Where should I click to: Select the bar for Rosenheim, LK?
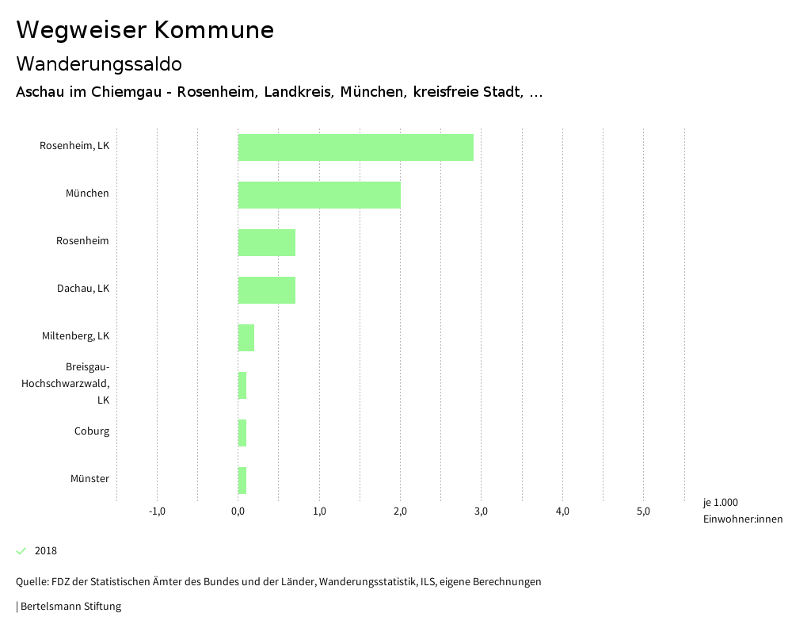(x=356, y=147)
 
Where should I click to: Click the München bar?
(x=319, y=195)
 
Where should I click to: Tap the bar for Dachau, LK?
(x=267, y=290)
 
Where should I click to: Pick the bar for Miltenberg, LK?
(x=246, y=338)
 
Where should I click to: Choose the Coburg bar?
(x=242, y=433)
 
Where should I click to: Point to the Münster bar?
(x=242, y=481)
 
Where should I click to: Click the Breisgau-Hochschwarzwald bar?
(x=242, y=385)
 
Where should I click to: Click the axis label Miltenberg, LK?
(x=75, y=336)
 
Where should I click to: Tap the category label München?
(x=87, y=193)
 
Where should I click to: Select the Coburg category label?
(x=92, y=431)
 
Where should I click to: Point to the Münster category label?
(x=89, y=479)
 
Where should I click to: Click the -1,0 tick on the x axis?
(x=157, y=511)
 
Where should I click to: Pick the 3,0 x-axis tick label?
(x=481, y=511)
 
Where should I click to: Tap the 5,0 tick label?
(x=643, y=511)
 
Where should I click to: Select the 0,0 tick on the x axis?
(x=238, y=511)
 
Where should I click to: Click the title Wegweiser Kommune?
(x=145, y=30)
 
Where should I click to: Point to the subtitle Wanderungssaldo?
(x=99, y=63)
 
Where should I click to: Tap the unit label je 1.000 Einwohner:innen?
(x=742, y=511)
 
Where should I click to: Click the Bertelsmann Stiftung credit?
(x=70, y=607)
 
